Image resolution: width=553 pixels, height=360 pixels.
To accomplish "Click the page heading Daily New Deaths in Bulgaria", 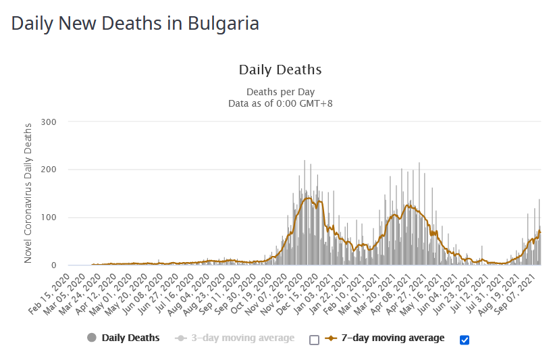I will pos(135,23).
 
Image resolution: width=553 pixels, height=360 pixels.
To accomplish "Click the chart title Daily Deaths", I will pos(280,70).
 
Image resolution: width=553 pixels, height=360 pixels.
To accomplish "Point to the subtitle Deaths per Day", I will pos(280,92).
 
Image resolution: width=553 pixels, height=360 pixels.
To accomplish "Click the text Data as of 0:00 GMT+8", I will pos(280,103).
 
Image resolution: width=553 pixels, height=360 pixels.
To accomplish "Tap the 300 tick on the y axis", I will pos(49,122).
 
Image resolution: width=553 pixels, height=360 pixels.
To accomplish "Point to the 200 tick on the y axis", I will pos(49,170).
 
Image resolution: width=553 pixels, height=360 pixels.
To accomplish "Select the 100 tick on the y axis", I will pos(49,217).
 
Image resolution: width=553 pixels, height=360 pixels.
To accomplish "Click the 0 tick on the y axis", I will pos(53,265).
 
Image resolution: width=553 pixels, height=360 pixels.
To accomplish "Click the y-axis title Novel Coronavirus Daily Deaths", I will pos(28,193).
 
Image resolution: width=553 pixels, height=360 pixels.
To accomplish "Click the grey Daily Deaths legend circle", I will pos(92,338).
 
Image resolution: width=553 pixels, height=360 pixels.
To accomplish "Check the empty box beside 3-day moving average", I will pos(314,339).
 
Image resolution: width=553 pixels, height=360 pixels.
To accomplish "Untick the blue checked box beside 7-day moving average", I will pos(465,339).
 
